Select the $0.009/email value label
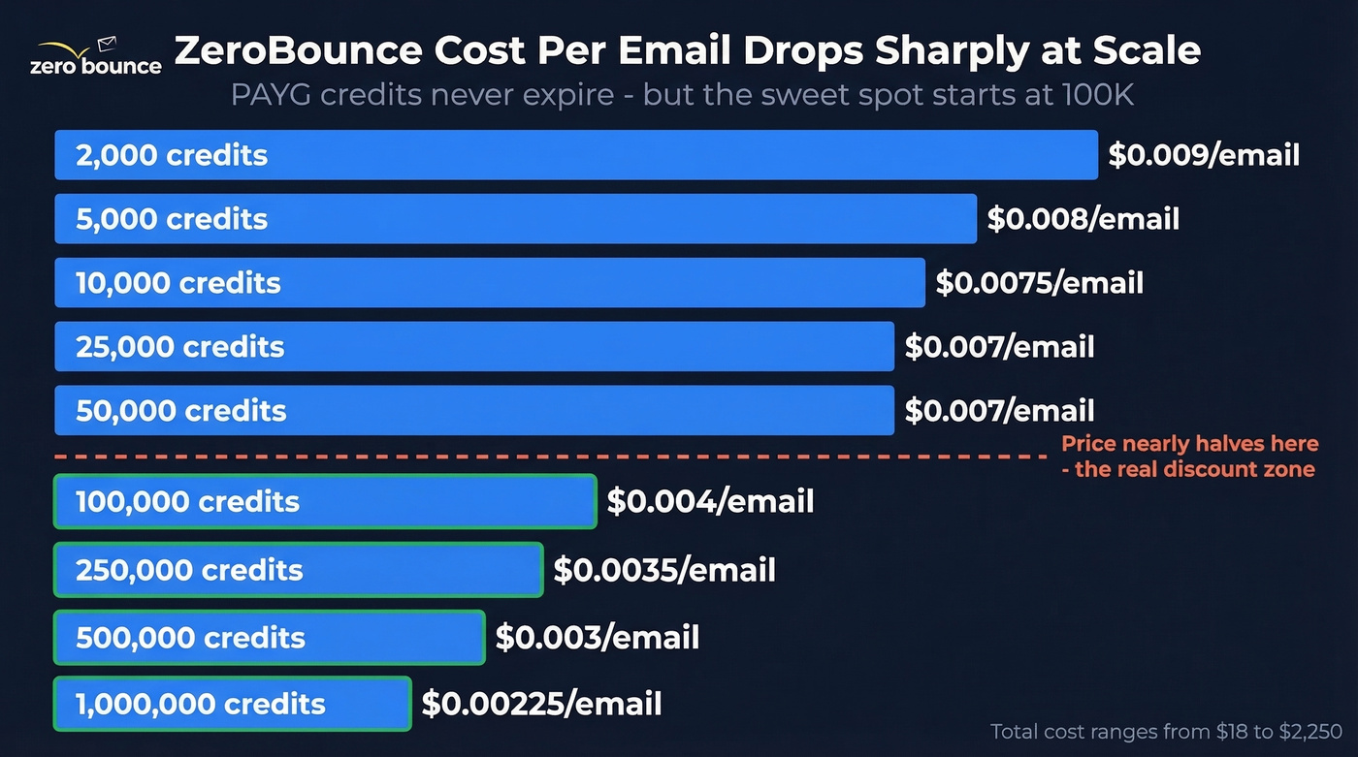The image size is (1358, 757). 1203,155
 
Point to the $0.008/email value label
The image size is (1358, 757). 1083,219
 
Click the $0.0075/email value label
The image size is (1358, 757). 1039,283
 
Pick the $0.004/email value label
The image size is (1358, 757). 710,501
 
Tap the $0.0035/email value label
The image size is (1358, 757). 664,570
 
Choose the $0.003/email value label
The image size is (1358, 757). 597,638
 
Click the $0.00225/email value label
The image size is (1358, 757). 541,704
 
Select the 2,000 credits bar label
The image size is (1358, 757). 172,155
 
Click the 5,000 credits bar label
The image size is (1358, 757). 172,219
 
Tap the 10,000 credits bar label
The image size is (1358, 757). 178,283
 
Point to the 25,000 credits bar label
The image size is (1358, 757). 180,347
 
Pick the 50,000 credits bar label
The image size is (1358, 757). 181,411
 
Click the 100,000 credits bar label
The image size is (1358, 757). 188,501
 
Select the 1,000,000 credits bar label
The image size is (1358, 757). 201,704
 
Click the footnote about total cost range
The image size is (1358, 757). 1166,732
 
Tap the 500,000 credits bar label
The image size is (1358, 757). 190,638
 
